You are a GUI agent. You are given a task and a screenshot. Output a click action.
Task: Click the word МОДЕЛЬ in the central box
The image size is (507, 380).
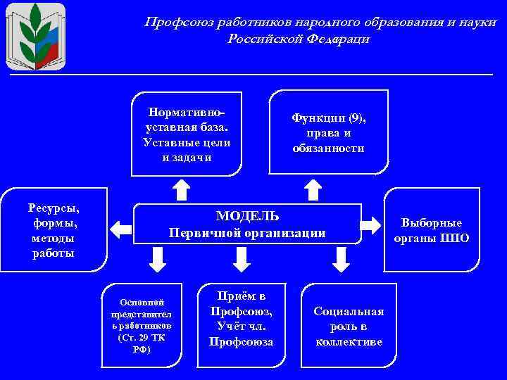(x=247, y=215)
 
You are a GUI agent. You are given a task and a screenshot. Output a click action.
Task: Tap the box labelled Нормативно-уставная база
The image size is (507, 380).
(x=187, y=134)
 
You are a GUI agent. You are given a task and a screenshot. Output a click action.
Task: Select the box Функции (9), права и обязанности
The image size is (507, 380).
(x=329, y=132)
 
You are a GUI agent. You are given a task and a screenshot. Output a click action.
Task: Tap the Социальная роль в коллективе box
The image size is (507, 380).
(x=349, y=326)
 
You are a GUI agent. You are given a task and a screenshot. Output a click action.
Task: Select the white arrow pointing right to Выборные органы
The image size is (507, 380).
(x=370, y=225)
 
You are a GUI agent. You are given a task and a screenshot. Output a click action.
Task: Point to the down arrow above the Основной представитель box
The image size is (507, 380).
(x=158, y=259)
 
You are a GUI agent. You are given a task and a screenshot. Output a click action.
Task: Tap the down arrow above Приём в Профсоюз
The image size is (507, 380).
(x=242, y=259)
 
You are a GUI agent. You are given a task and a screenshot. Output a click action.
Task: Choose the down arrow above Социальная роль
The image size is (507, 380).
(x=342, y=259)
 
